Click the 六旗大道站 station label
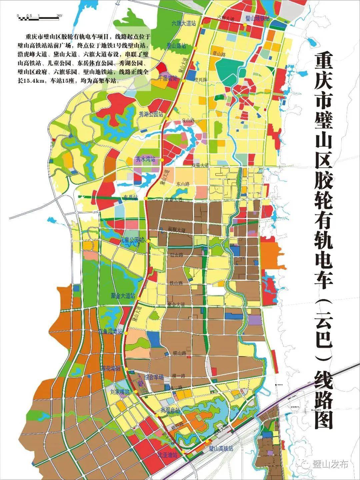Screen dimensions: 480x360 (x=183, y=24)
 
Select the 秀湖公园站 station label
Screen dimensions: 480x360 (x=151, y=114)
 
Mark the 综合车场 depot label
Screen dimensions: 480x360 (x=154, y=377)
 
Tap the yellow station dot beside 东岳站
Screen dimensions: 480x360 (x=146, y=198)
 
